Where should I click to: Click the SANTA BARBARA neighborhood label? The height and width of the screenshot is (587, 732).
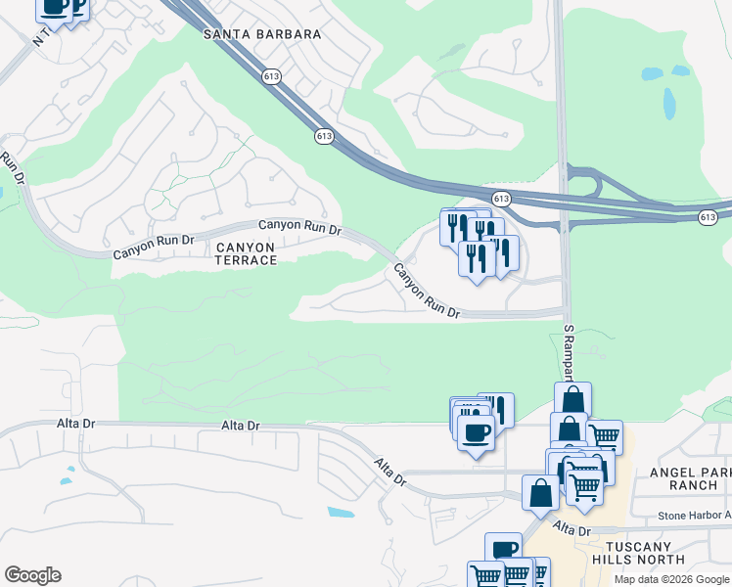(x=262, y=34)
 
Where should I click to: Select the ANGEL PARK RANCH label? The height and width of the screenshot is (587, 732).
(x=690, y=478)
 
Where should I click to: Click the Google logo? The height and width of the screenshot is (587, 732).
(x=32, y=575)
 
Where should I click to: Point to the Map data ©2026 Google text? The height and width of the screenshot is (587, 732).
(x=670, y=579)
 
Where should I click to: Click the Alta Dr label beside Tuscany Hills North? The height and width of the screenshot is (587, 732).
(x=572, y=530)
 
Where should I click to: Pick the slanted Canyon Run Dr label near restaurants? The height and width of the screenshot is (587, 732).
(x=427, y=291)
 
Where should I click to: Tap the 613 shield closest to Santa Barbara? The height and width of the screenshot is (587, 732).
(x=270, y=74)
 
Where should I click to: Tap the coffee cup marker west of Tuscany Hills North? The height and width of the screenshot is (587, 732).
(x=503, y=550)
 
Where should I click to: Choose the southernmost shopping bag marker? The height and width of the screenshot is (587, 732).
(x=540, y=492)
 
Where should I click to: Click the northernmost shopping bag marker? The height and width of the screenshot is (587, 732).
(x=572, y=399)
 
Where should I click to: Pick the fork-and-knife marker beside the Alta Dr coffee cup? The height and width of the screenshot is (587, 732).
(x=496, y=409)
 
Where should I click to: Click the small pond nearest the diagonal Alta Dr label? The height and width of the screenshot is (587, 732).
(x=341, y=512)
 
